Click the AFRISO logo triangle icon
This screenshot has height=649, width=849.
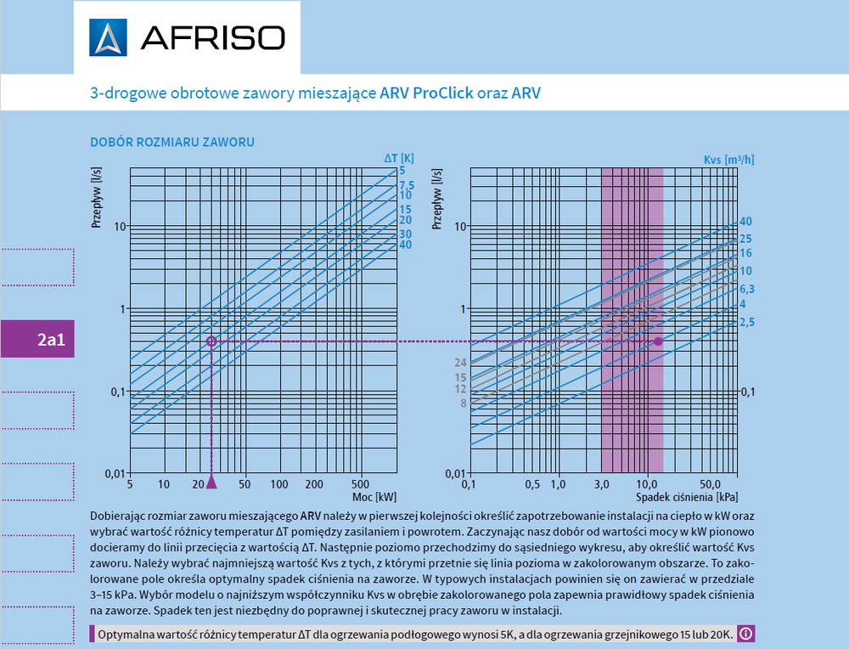tap(108, 37)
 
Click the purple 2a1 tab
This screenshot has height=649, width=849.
tap(50, 341)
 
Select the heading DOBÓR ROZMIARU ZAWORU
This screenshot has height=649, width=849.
tap(172, 142)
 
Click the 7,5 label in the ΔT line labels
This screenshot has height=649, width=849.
tap(407, 185)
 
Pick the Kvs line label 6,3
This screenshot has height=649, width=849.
tap(747, 289)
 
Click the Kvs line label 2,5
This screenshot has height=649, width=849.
tap(747, 322)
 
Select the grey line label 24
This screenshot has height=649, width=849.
tap(461, 363)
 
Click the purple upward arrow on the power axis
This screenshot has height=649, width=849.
tap(211, 482)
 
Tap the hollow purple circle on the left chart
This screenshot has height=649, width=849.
tap(211, 341)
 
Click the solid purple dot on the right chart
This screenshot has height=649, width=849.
tap(658, 341)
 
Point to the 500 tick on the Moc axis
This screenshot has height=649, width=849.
tap(363, 484)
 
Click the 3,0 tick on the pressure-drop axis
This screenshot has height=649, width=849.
tap(601, 484)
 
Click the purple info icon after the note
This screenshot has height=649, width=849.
tap(745, 634)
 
